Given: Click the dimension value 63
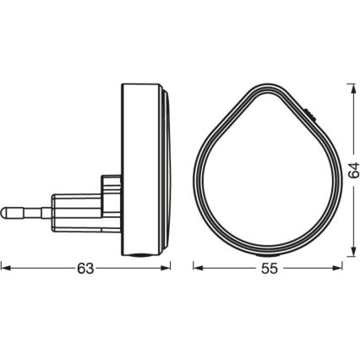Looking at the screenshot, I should point(85,268).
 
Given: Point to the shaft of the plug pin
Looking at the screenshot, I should point(30,207).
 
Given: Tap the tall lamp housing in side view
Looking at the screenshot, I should point(139,169).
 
